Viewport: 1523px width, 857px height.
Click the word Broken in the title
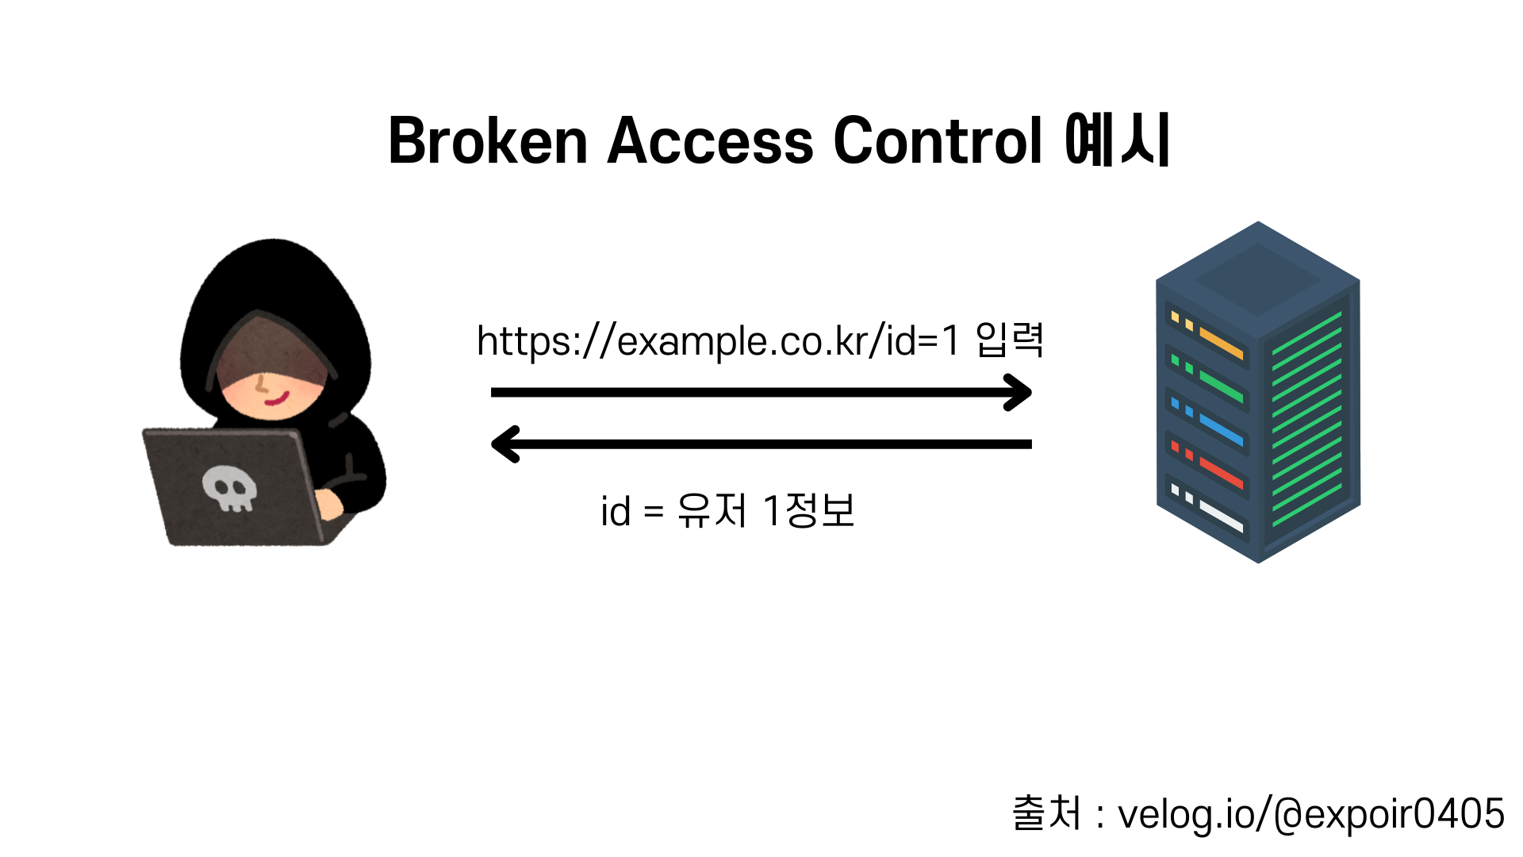coord(487,141)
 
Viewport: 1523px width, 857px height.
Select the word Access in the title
coord(710,141)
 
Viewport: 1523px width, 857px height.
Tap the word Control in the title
coord(938,141)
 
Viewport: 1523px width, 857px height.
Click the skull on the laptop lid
coord(229,487)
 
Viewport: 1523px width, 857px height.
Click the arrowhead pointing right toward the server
coord(1020,392)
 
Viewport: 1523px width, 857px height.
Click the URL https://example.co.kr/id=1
coord(718,341)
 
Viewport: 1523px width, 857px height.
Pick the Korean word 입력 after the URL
coord(1009,340)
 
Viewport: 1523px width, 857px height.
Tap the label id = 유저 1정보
coord(727,510)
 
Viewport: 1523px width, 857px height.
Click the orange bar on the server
coord(1222,343)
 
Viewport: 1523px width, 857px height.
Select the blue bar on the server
coord(1222,429)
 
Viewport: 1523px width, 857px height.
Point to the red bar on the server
coord(1222,473)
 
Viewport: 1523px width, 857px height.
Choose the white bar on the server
coord(1222,516)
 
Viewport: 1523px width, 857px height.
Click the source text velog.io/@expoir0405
coord(1310,814)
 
